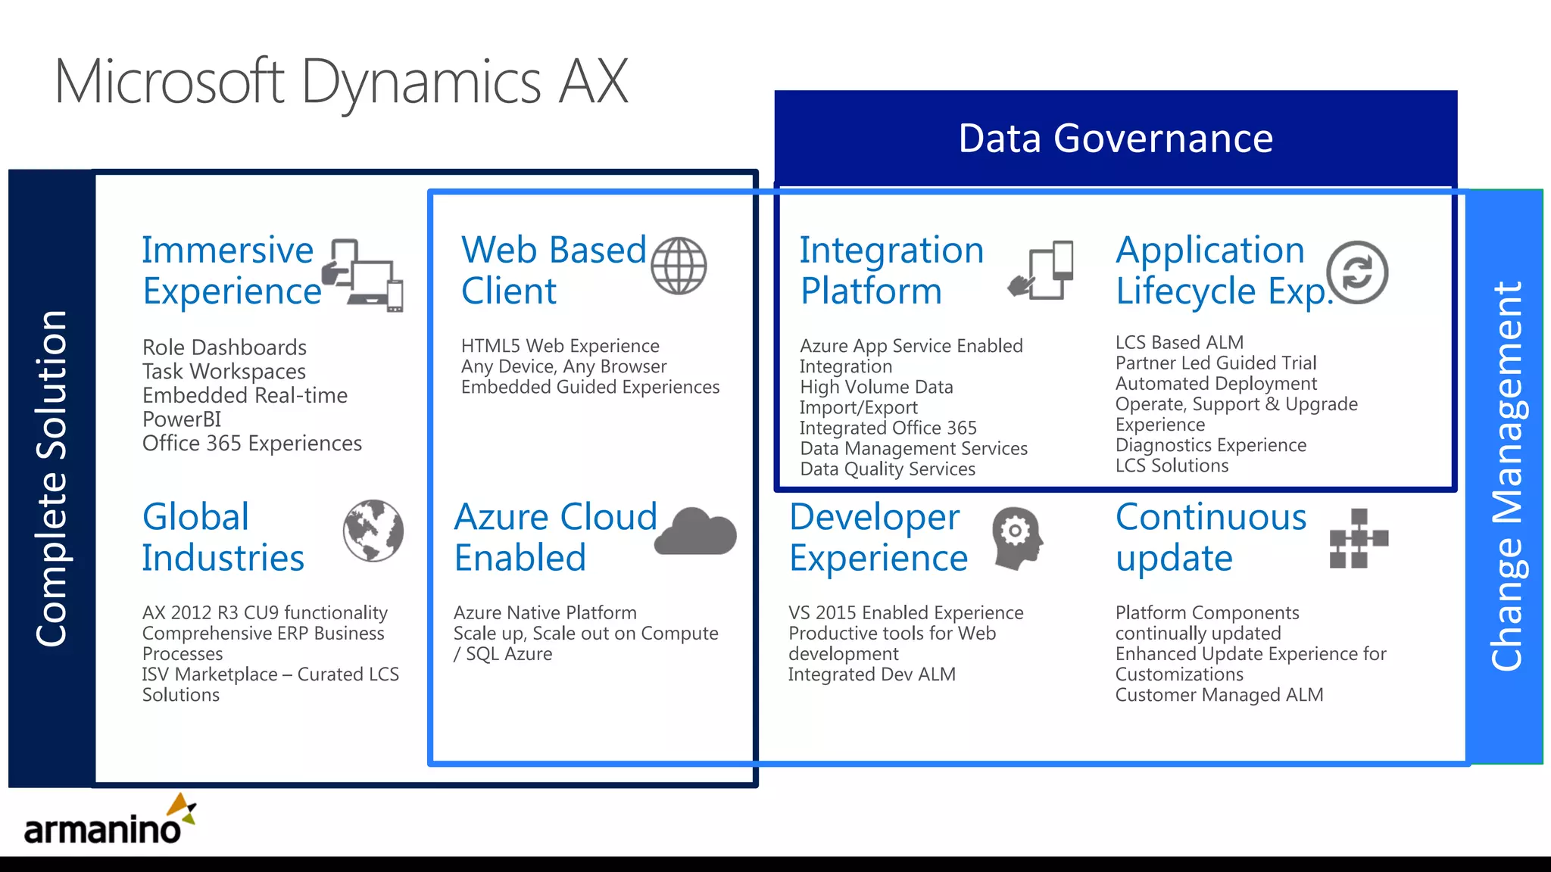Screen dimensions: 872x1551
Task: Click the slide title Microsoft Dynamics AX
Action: tap(341, 82)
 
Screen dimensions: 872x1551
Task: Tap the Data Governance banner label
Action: tap(1115, 139)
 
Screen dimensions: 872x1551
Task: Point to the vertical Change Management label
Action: tap(1506, 477)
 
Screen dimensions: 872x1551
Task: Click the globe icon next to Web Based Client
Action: tap(679, 266)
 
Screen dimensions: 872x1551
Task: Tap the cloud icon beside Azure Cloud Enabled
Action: tap(696, 531)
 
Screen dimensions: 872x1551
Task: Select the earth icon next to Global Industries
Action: tap(373, 531)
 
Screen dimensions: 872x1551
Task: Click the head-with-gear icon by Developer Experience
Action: tap(1017, 537)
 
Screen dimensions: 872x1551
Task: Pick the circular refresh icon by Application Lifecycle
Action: tap(1357, 272)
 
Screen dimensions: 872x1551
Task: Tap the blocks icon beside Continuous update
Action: tap(1359, 538)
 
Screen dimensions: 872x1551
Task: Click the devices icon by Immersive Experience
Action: tap(364, 276)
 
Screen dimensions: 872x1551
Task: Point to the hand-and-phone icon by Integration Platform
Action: tap(1041, 270)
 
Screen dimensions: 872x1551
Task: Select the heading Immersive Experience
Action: tap(231, 270)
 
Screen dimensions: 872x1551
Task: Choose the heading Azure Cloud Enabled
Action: tap(555, 537)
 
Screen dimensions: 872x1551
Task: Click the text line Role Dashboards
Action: tap(224, 347)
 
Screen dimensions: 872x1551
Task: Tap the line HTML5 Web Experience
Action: tap(560, 346)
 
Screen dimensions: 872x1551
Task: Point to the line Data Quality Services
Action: tap(887, 469)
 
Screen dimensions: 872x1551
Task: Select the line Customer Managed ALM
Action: tap(1219, 695)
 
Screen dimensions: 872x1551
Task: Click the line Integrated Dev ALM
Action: tap(872, 674)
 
